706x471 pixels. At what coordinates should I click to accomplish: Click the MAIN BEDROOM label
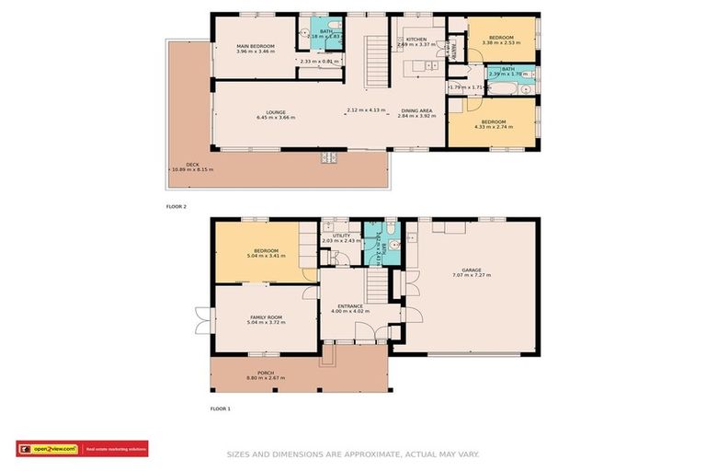pos(255,46)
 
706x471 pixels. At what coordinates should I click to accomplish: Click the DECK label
pos(192,164)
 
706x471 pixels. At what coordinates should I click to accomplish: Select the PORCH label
pos(266,373)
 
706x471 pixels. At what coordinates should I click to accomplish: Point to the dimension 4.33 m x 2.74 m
pos(494,128)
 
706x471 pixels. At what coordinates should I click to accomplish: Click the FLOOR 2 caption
pos(176,207)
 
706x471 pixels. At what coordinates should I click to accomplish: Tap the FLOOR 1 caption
pos(221,408)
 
